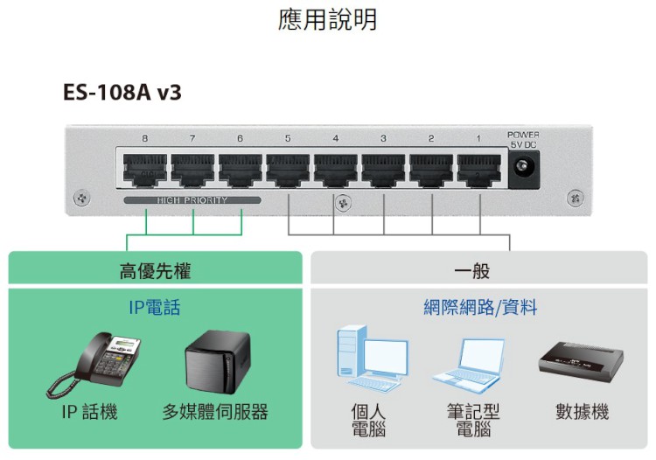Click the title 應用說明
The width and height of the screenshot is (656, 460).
coord(328,19)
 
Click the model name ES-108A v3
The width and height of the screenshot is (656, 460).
coord(122,92)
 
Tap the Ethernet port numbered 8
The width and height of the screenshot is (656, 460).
coord(144,170)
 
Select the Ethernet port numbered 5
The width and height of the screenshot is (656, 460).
coord(288,170)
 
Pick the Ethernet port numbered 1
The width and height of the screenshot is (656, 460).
coord(479,170)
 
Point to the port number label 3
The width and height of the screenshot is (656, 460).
coord(383,138)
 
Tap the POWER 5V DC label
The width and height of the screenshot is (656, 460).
coord(523,140)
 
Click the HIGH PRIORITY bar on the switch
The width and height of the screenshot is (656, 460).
coord(192,200)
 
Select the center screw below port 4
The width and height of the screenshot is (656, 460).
coord(343,203)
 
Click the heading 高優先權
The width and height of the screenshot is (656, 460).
coord(155,271)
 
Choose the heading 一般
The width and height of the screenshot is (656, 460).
coord(472,271)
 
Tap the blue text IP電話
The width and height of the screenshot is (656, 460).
coord(154,307)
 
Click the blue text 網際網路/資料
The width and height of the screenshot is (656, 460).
coord(480,307)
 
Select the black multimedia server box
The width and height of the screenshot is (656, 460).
coord(219,361)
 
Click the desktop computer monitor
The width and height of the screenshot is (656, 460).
coord(386,358)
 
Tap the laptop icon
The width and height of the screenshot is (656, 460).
coord(471,366)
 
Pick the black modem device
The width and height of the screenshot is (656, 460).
coord(581,361)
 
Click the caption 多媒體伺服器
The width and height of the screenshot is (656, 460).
coord(215,412)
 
